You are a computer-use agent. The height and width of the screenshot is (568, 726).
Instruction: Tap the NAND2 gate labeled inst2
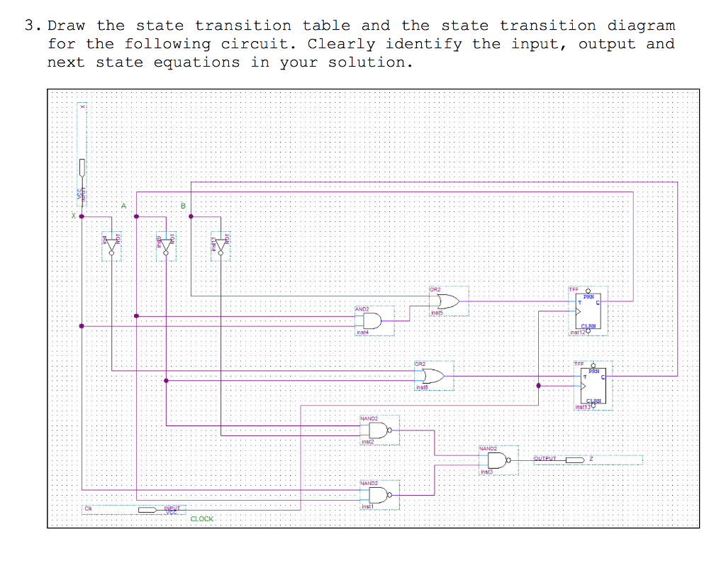[379, 430]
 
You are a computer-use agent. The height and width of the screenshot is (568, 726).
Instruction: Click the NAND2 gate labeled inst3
[499, 461]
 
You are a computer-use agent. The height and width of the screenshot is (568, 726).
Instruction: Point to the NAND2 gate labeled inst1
[379, 494]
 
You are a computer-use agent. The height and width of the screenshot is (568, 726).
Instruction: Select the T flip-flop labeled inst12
[588, 309]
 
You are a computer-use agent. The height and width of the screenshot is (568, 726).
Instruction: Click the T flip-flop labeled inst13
[592, 385]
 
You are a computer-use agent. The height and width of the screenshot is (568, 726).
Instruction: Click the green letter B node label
[182, 206]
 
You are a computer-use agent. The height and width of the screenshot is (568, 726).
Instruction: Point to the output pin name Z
[590, 460]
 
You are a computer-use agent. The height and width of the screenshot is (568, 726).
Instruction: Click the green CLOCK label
[201, 519]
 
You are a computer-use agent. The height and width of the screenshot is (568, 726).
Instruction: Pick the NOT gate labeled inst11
[220, 246]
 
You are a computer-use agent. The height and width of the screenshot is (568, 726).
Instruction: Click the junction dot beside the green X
[82, 217]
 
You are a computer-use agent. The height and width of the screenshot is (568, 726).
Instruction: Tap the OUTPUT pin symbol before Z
[559, 460]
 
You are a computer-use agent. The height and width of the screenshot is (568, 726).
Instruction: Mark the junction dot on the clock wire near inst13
[539, 386]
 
